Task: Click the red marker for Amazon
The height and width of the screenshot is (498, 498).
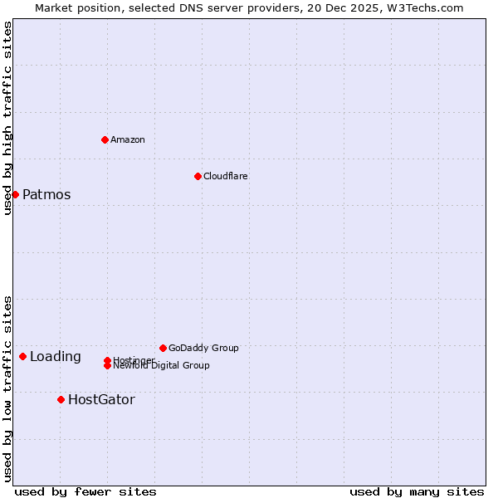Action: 105,139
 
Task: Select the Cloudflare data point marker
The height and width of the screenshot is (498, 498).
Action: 198,176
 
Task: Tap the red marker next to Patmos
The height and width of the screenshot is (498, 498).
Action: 15,194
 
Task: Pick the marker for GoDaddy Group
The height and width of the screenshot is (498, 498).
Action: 163,348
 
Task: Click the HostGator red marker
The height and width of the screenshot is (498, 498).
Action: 61,399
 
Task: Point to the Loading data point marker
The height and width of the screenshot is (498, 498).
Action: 22,356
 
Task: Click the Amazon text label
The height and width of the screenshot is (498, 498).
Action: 128,139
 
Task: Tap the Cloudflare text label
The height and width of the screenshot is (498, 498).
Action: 226,176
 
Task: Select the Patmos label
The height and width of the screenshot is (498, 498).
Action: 46,195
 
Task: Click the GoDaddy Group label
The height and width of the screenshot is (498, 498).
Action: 203,348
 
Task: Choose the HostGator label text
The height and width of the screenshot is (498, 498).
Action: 101,400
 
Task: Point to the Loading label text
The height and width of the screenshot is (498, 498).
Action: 56,357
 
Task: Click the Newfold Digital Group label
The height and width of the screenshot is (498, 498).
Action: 162,366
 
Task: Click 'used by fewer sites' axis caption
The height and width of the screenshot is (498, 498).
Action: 85,491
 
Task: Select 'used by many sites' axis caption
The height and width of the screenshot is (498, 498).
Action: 417,491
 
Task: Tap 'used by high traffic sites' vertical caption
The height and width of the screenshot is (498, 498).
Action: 7,118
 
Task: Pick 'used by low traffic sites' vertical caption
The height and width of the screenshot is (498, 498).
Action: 7,388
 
